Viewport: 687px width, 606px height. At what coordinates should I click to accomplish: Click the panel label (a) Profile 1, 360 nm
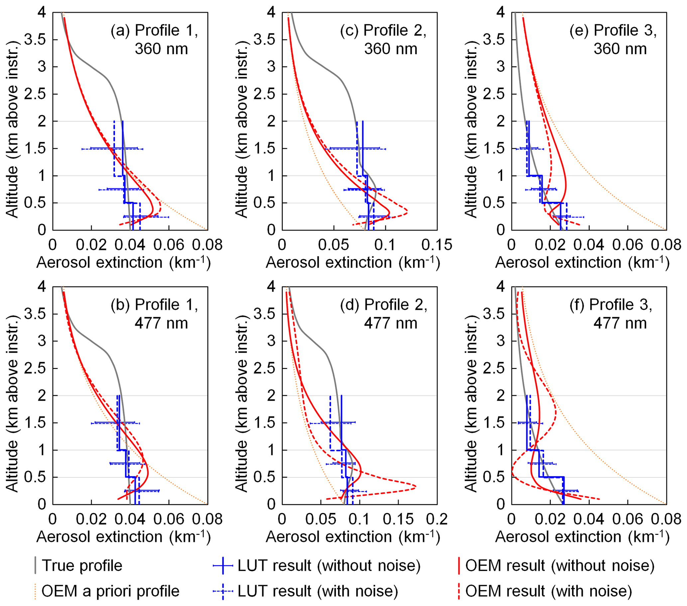click(154, 39)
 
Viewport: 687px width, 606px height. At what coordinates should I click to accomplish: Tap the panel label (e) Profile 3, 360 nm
click(613, 39)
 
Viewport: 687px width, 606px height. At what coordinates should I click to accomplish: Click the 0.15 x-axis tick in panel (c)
click(437, 245)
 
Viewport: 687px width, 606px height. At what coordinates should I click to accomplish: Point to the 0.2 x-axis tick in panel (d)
click(437, 519)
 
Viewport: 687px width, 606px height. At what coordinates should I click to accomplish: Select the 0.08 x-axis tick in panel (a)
click(207, 245)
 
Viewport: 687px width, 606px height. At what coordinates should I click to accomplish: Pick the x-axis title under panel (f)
click(582, 537)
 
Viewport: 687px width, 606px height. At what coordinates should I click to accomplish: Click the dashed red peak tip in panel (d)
click(416, 486)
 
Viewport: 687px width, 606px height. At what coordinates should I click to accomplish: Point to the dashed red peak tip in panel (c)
click(407, 212)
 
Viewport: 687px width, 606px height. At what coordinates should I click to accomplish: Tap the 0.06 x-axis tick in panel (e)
click(628, 245)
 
